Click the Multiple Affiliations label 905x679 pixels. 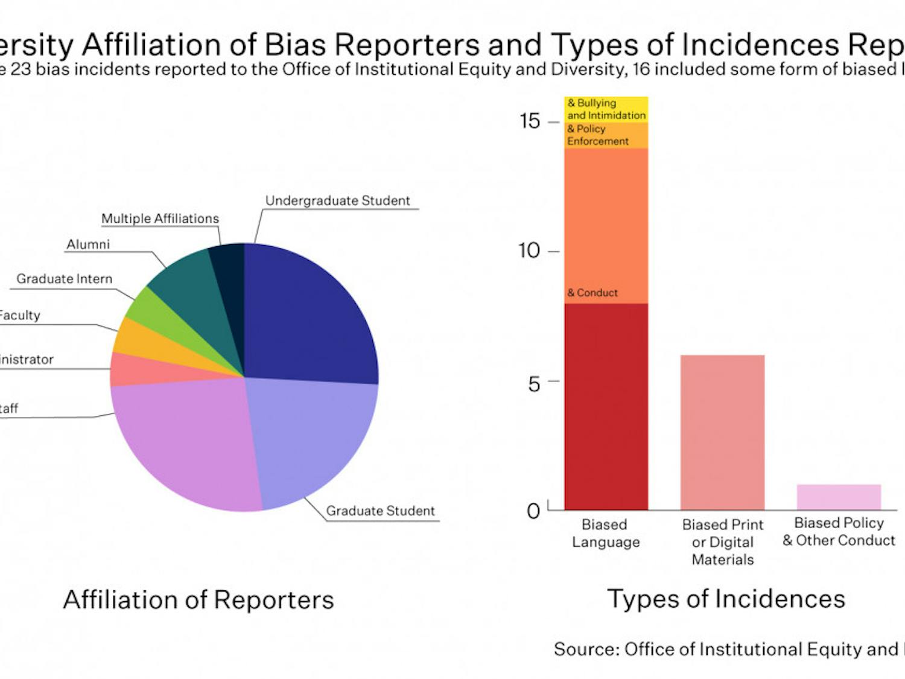160,218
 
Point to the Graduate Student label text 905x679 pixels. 380,511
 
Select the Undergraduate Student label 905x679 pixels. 337,200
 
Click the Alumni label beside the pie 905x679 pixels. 88,244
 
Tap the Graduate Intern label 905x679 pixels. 64,279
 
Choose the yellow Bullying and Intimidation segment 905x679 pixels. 606,109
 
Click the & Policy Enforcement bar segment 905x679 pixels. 606,135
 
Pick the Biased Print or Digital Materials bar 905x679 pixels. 722,432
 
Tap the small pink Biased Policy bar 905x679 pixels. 839,497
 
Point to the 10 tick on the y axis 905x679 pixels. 530,250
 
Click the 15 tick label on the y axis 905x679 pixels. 530,121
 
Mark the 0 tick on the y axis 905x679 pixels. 533,511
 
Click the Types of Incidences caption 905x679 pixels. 726,599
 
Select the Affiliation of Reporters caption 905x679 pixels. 198,600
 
